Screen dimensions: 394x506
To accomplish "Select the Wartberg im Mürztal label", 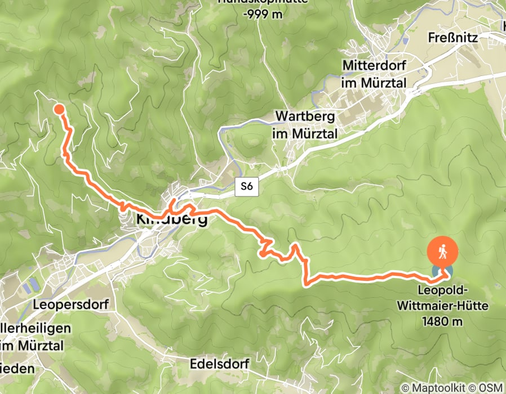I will (306, 124).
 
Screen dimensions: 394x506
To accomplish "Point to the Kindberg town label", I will (171, 220).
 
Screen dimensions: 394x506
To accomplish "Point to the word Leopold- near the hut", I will (442, 290).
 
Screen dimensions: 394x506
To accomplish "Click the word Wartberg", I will (305, 117).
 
